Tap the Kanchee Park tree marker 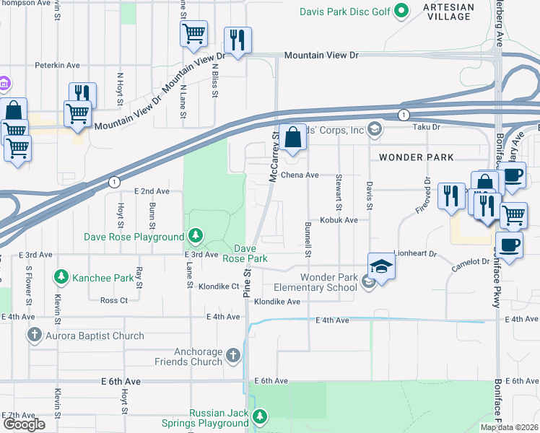[x=61, y=277]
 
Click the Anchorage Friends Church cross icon [x=232, y=354]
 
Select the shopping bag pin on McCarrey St [x=292, y=137]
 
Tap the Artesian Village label [x=449, y=12]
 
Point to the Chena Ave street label [x=301, y=175]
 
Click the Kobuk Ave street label [x=339, y=220]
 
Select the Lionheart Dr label [x=416, y=253]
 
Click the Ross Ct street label [x=114, y=300]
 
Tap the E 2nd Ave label [x=152, y=191]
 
